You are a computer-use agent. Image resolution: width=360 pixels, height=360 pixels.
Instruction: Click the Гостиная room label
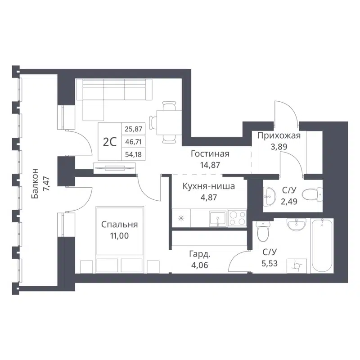tap(210, 154)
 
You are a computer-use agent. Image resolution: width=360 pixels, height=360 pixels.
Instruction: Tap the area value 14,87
tap(210, 164)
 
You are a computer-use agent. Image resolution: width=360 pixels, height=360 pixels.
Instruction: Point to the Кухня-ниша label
tap(208, 186)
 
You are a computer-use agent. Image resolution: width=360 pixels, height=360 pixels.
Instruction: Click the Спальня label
tap(119, 225)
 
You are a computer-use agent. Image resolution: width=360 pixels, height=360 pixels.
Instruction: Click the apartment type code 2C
tap(110, 142)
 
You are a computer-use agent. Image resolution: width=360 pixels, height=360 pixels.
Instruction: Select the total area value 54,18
tap(132, 154)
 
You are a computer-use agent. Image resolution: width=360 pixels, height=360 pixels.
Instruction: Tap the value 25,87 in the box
tap(132, 129)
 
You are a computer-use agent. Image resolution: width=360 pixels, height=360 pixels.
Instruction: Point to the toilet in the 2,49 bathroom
tap(310, 194)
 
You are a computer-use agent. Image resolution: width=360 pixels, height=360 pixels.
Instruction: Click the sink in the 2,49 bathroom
tap(271, 195)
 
